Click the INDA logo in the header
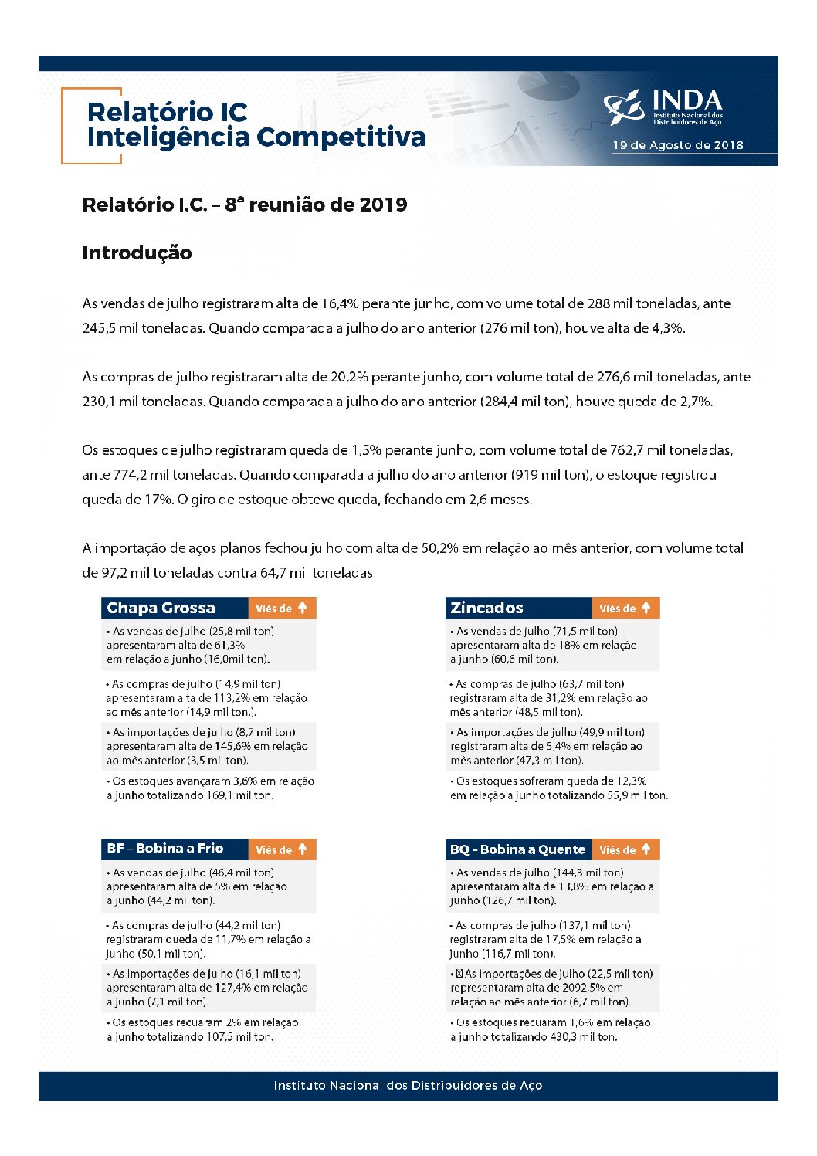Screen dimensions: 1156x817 point(664,107)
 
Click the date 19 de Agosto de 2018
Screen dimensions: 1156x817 point(677,145)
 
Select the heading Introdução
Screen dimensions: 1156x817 point(137,253)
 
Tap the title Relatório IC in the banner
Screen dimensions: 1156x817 point(167,112)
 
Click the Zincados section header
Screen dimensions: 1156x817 point(486,608)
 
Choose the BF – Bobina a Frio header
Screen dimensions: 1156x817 point(164,849)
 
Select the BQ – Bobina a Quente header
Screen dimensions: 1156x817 point(517,849)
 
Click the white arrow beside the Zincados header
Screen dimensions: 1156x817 point(646,608)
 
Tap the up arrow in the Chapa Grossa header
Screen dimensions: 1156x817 point(303,608)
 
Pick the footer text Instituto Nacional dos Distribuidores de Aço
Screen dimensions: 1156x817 point(408,1086)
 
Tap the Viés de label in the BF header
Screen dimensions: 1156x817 point(273,850)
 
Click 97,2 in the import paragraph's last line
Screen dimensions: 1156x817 point(113,573)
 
